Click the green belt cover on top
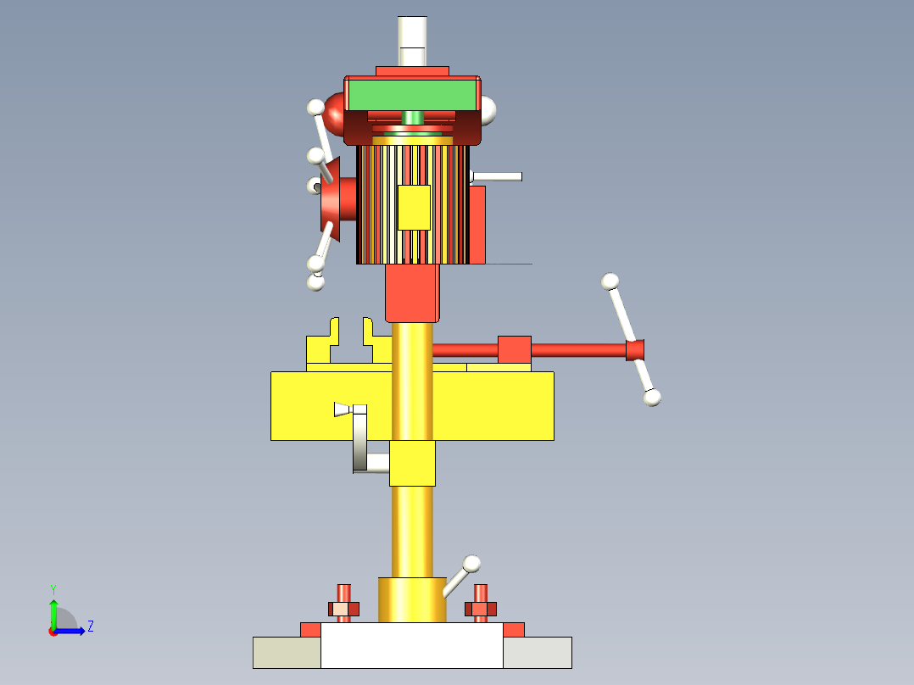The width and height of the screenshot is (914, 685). [413, 95]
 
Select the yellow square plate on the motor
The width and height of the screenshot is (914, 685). [414, 208]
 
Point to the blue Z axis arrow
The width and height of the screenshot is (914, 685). [71, 631]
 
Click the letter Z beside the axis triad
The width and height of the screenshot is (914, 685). [90, 627]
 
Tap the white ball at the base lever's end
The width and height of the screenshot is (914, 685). [472, 563]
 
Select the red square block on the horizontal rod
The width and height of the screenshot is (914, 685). [514, 349]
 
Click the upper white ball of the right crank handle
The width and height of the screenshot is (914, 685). [610, 281]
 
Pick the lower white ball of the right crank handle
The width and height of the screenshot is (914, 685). [652, 397]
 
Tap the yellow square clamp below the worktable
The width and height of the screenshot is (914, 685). [412, 463]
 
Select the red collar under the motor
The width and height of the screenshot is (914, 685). [413, 292]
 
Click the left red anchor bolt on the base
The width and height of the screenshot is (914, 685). [343, 603]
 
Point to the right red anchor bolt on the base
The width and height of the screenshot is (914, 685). [481, 603]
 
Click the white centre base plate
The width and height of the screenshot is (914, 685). [412, 646]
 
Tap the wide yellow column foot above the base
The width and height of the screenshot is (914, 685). [412, 599]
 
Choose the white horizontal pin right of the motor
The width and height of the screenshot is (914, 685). [498, 176]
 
